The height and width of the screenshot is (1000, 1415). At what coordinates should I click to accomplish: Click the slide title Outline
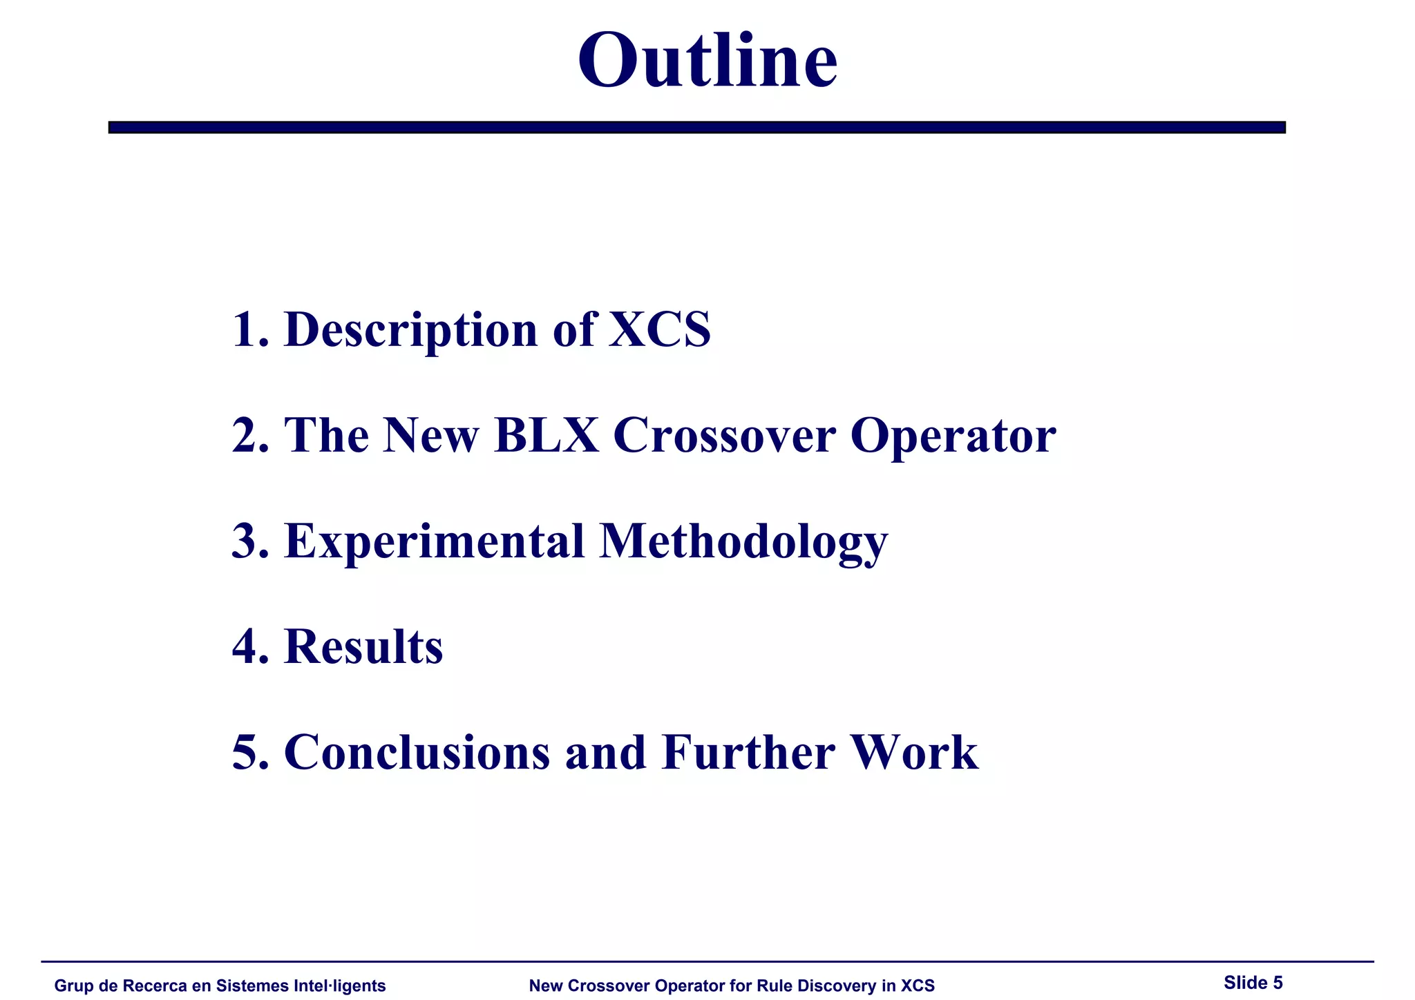click(x=707, y=61)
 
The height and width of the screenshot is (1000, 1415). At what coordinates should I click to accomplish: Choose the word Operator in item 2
click(x=953, y=436)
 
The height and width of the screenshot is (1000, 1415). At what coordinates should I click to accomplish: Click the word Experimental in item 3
click(x=435, y=541)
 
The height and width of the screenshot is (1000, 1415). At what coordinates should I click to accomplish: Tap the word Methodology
click(x=743, y=543)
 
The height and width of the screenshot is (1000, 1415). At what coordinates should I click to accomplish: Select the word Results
click(x=363, y=647)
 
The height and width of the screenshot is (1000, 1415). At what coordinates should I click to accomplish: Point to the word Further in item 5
click(x=748, y=752)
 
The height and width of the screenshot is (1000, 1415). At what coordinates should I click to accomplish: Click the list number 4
click(x=246, y=647)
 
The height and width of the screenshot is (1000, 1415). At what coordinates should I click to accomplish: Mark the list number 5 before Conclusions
click(x=246, y=752)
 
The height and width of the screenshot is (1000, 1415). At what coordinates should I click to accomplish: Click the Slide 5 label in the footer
click(x=1253, y=983)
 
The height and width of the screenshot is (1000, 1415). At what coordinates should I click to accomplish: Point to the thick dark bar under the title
click(x=696, y=127)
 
